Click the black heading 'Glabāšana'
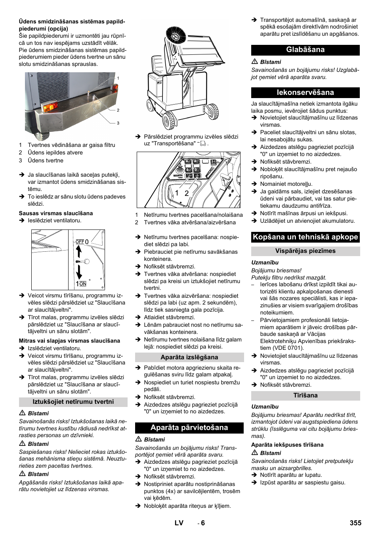(305, 50)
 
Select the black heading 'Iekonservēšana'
(305, 93)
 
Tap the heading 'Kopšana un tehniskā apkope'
(305, 237)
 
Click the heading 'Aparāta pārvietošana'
(189, 428)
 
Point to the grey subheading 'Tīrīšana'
(305, 395)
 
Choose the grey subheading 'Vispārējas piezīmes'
(305, 251)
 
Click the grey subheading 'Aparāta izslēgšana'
(189, 357)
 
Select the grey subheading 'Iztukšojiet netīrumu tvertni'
(73, 402)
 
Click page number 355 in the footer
(355, 523)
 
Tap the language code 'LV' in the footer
(179, 523)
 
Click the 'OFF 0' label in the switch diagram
(82, 241)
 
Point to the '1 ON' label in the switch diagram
(81, 283)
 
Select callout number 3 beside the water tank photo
(118, 123)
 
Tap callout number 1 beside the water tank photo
(118, 78)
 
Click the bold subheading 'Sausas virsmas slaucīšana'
(56, 213)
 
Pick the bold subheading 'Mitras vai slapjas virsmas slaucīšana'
(69, 341)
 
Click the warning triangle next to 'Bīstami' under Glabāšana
(255, 62)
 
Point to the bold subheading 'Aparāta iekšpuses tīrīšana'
(287, 445)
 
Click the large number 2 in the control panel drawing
(186, 193)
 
